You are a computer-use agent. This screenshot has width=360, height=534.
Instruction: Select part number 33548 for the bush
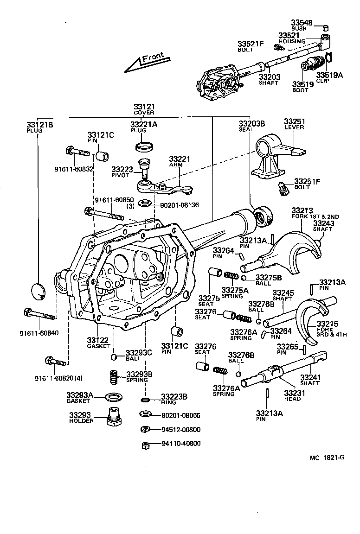point(302,23)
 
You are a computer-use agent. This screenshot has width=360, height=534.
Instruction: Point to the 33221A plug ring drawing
point(144,147)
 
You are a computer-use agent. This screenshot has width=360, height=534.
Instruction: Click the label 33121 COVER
point(144,109)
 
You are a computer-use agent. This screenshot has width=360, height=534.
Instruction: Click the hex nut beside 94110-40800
point(145,445)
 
